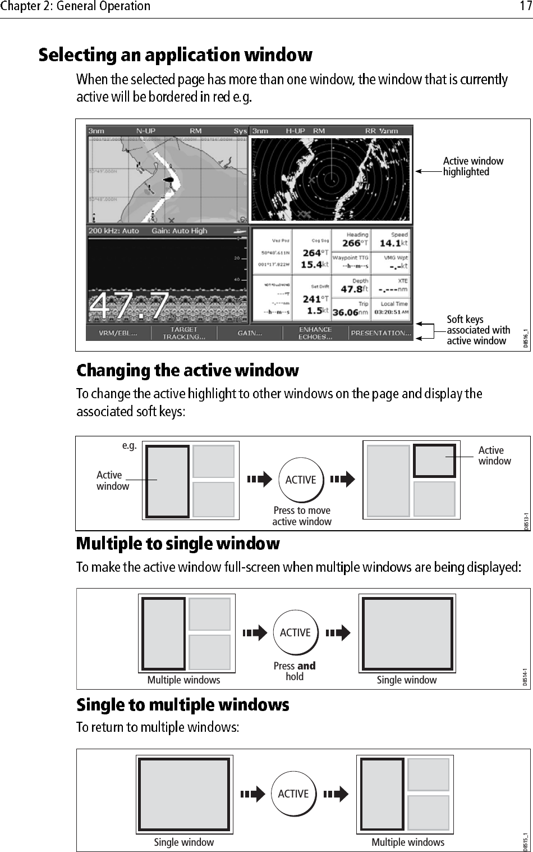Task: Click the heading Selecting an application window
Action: [175, 55]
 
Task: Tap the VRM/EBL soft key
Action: [117, 333]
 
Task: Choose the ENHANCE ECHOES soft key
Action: [315, 333]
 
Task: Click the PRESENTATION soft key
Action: [380, 333]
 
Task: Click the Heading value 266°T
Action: [355, 243]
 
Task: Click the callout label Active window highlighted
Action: [473, 166]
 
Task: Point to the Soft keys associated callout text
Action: [478, 330]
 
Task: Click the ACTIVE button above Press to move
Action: [301, 480]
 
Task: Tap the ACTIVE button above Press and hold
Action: [295, 633]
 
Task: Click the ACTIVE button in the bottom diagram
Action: [293, 794]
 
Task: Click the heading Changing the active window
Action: [187, 371]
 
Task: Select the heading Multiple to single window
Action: [178, 544]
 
